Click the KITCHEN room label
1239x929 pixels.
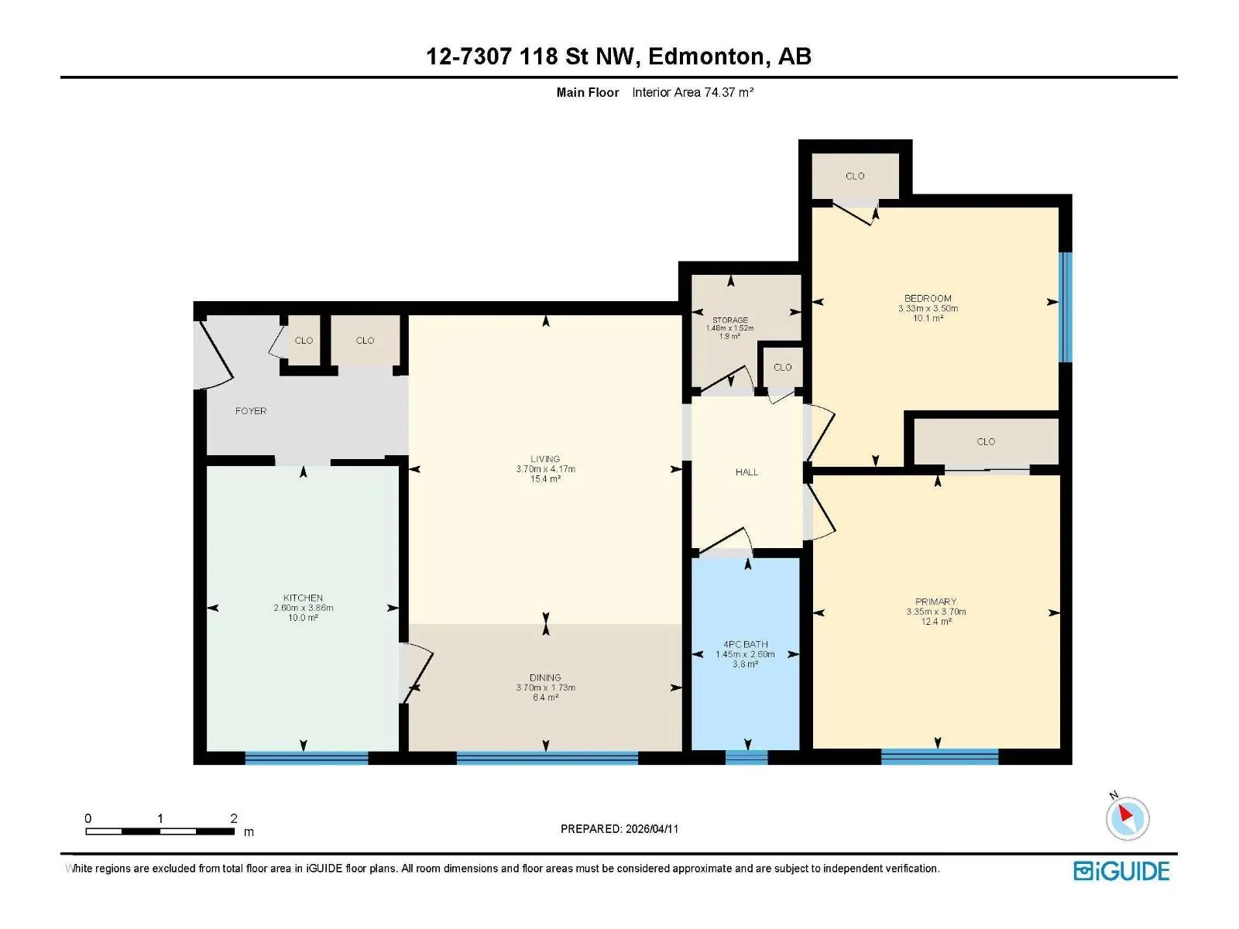[303, 598]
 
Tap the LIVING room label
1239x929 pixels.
[544, 458]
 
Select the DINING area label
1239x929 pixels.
[545, 677]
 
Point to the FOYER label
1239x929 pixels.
[251, 410]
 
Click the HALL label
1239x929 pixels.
[746, 471]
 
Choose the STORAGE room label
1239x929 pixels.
[730, 320]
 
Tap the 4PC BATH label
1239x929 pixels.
[745, 644]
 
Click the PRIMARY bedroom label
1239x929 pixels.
[936, 602]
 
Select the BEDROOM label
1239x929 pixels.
[928, 298]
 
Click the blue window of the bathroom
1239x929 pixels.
[746, 757]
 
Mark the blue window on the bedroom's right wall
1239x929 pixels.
[1065, 307]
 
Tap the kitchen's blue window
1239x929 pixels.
[307, 758]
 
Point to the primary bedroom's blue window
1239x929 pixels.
[940, 756]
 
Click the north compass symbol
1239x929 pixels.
[1127, 818]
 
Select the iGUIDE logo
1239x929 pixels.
[1121, 871]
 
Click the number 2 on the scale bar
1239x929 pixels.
[234, 818]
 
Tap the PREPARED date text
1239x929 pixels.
[619, 828]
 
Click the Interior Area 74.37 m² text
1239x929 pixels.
[692, 92]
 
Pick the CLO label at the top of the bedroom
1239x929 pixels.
[855, 176]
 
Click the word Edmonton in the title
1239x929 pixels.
[705, 57]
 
